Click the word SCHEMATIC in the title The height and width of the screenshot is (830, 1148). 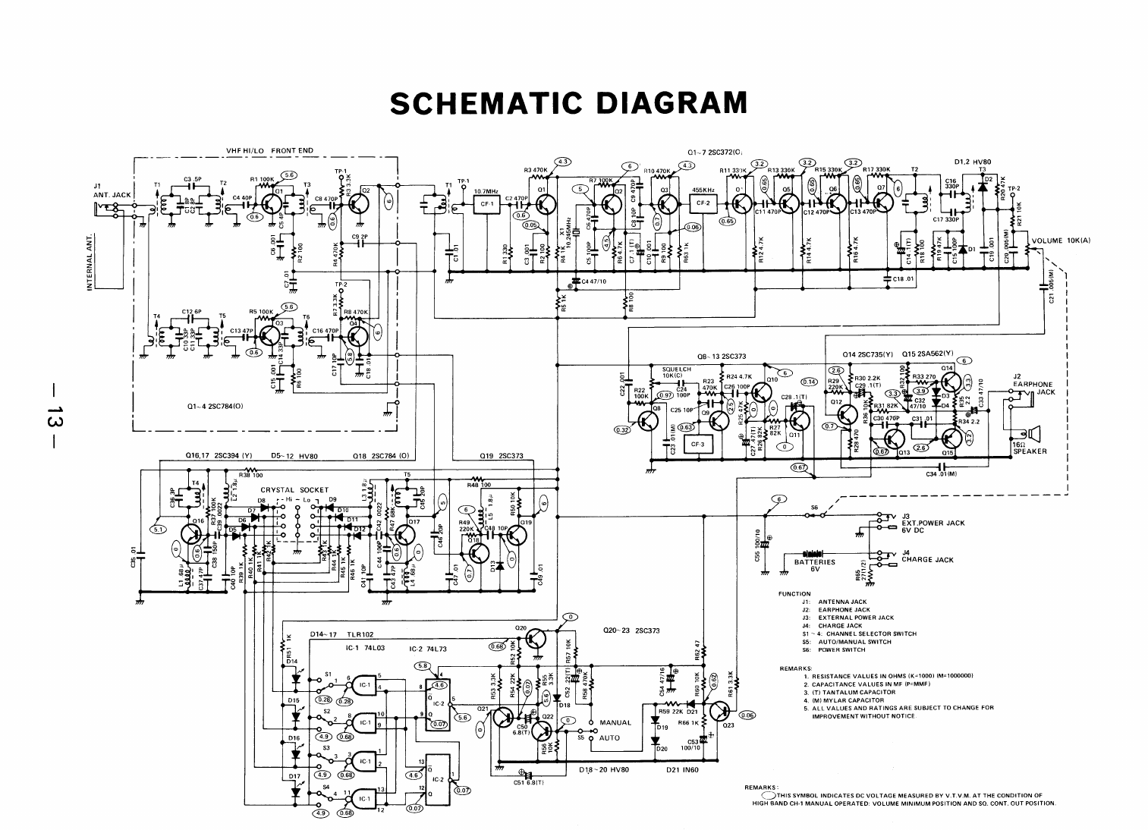tap(485, 102)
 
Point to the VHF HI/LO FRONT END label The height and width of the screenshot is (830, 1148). tap(269, 150)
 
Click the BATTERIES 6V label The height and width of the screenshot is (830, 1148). tap(814, 565)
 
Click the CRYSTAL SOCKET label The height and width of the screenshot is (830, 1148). tap(294, 490)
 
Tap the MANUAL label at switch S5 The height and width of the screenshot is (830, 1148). tap(615, 722)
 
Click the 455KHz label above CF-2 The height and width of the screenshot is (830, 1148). tap(703, 190)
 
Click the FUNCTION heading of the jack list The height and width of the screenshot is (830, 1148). tap(794, 594)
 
